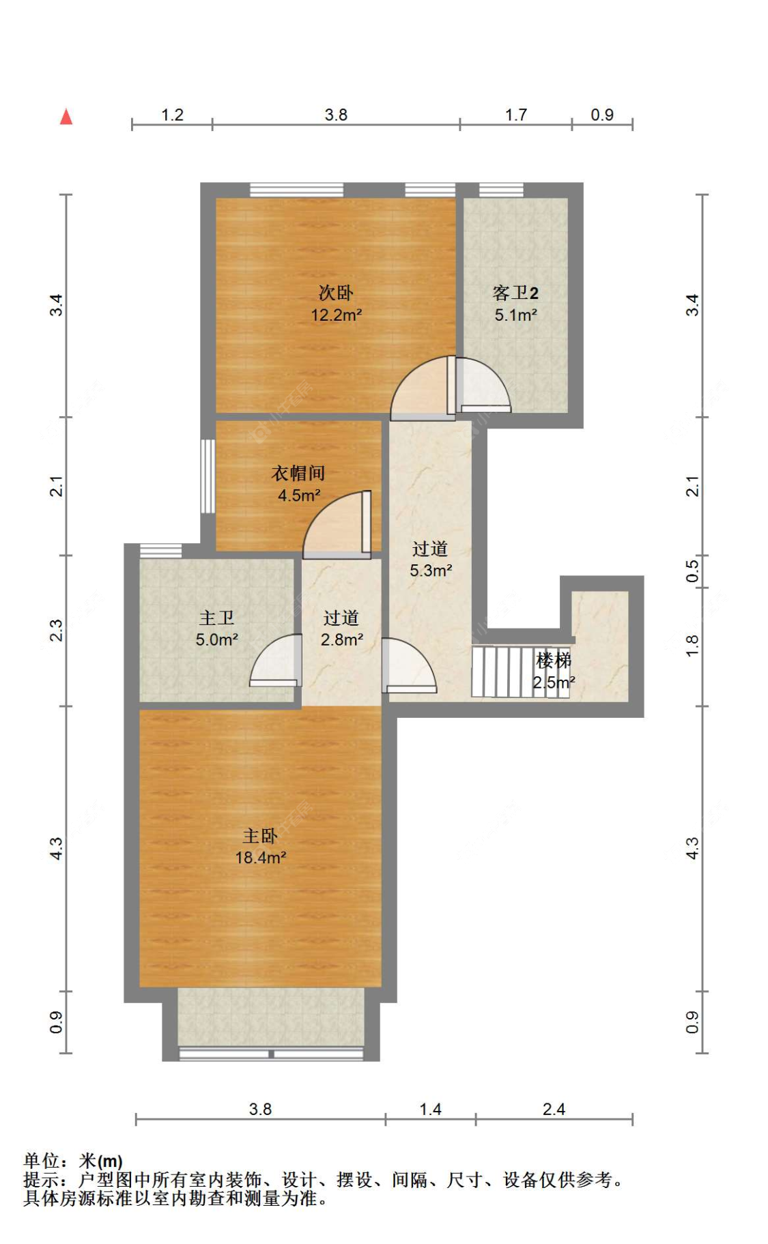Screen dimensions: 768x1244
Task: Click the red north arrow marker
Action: [66, 117]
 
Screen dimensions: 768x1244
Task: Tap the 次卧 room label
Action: [336, 293]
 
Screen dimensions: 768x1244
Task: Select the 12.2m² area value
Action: [336, 315]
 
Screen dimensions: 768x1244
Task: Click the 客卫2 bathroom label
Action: [515, 293]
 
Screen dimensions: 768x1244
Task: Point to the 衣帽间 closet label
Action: [298, 473]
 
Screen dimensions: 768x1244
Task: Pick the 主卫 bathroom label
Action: [216, 618]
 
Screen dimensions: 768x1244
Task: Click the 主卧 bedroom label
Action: [260, 836]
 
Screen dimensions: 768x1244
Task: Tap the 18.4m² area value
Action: [260, 858]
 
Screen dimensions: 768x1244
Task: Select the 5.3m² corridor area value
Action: [430, 570]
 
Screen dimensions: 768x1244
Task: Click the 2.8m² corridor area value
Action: [341, 639]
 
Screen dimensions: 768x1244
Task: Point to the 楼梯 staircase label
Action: [554, 660]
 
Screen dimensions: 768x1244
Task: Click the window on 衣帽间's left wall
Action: [208, 476]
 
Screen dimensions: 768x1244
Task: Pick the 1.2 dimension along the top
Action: [172, 115]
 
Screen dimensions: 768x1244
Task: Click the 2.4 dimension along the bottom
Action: [554, 1110]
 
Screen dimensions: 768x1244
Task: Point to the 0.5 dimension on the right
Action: [692, 570]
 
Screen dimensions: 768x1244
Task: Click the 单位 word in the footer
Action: [42, 1160]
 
